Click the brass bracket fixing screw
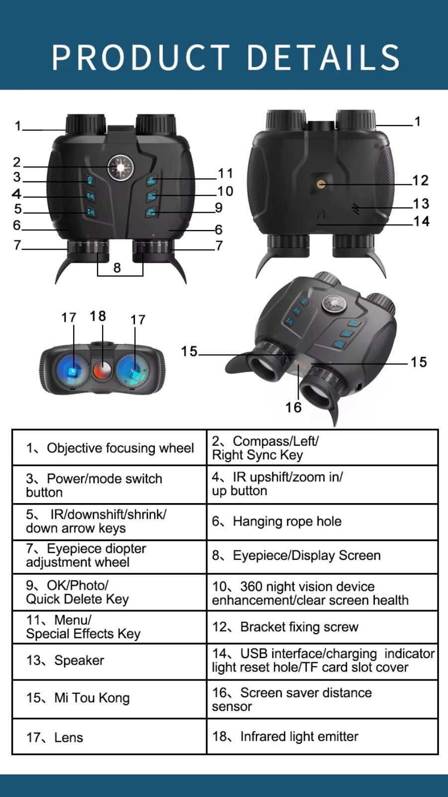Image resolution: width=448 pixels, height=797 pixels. [321, 184]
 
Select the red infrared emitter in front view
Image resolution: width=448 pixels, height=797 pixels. [103, 370]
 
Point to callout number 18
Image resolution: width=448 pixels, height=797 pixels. [98, 316]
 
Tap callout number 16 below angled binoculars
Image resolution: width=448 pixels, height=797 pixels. [293, 407]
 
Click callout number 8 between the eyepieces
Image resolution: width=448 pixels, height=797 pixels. [117, 267]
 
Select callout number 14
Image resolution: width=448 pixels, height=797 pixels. [421, 221]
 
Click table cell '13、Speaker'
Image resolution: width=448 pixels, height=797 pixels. [110, 661]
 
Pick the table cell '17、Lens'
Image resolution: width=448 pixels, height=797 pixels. [110, 737]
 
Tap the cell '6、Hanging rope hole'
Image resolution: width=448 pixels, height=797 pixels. [322, 522]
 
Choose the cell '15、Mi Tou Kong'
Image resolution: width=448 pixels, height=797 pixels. [110, 698]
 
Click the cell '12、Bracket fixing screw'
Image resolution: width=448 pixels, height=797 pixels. [322, 627]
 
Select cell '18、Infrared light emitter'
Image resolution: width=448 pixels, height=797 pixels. [322, 736]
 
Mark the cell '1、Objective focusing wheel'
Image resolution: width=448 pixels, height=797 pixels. [110, 448]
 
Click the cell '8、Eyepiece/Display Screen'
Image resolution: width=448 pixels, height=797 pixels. [322, 555]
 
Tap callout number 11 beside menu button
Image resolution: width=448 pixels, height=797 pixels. [225, 173]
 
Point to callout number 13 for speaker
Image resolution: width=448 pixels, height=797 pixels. [421, 203]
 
